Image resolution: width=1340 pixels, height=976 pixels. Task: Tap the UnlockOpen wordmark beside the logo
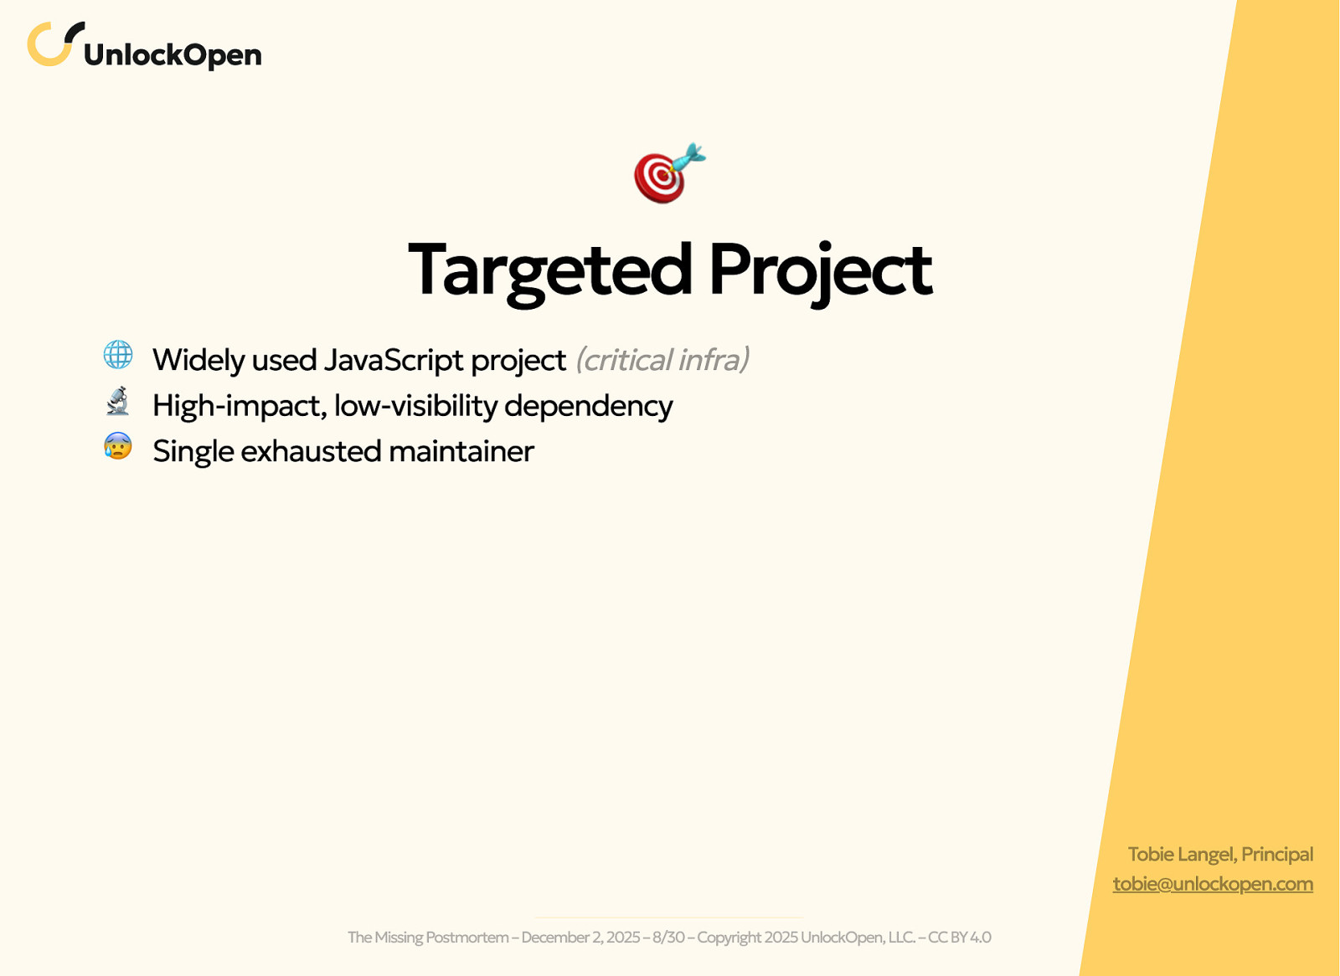point(173,55)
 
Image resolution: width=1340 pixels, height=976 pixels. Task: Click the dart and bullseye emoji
point(670,172)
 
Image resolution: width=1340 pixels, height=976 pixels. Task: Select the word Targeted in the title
point(549,272)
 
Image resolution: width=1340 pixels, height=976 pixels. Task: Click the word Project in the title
point(821,274)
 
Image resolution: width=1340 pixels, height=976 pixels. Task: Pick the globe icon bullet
point(118,355)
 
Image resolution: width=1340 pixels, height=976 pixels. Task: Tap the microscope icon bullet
point(118,401)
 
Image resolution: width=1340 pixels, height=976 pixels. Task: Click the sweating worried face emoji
point(118,446)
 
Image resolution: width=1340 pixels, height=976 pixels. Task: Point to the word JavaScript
point(394,360)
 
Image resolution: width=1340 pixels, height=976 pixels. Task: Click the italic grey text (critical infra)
point(662,360)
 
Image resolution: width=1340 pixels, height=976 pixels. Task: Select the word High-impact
point(240,407)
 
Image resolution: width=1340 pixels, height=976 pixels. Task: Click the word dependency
point(589,407)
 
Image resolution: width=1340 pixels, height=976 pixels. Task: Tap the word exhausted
point(311,451)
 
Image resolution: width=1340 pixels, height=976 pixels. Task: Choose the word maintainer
point(461,451)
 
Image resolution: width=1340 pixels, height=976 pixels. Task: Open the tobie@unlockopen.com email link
point(1213,884)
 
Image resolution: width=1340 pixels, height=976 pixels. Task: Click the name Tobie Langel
point(1181,855)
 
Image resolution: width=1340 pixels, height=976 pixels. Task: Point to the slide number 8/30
point(668,937)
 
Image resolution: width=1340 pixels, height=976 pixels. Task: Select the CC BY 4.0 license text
point(960,937)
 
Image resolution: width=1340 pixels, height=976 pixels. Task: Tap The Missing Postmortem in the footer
point(428,937)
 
